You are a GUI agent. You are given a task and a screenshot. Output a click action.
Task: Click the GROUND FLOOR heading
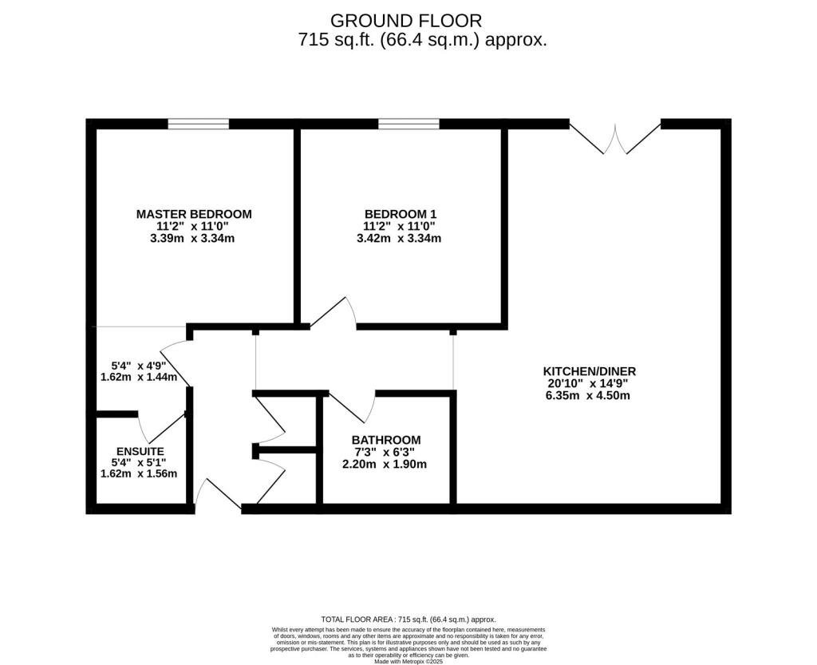406,21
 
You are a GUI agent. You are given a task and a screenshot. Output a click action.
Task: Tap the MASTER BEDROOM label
194,214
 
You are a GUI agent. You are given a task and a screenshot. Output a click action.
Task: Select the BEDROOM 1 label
401,214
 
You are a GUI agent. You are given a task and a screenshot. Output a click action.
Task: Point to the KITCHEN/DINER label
590,371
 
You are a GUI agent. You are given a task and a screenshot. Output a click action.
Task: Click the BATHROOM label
386,440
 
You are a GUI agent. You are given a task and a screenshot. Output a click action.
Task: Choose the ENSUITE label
140,451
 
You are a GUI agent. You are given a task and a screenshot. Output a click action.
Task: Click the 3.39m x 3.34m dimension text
192,239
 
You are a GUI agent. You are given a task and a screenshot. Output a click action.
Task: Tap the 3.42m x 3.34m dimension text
399,239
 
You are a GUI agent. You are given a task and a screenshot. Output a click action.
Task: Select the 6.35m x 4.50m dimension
588,395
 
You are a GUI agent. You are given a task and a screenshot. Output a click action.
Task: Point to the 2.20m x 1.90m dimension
385,464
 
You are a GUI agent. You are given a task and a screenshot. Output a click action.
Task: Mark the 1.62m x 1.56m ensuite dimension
139,473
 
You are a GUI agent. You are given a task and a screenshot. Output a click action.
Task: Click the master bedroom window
198,124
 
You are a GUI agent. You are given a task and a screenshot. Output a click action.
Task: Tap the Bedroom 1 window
408,124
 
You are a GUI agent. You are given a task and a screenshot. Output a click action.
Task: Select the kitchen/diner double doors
615,138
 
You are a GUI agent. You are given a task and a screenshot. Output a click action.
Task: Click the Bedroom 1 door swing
334,313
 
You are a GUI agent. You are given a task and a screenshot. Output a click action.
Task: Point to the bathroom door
352,406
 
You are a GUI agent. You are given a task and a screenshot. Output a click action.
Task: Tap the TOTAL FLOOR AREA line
408,619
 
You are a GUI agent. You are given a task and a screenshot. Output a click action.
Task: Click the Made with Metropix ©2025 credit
408,662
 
